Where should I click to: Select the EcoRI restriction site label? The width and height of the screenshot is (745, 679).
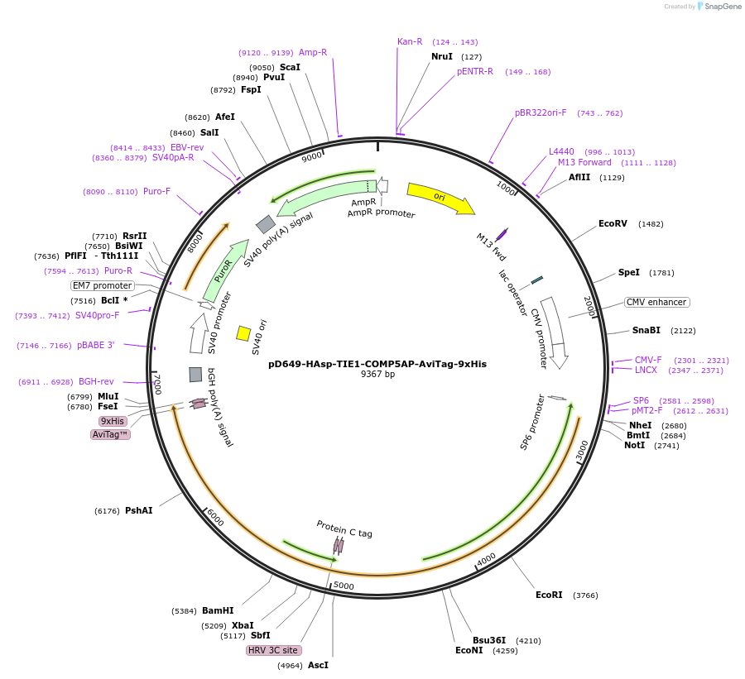pyautogui.click(x=549, y=595)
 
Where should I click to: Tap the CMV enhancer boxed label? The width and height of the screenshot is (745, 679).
pyautogui.click(x=656, y=302)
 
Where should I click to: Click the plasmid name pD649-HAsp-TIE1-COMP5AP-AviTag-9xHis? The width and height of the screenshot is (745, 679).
pyautogui.click(x=377, y=364)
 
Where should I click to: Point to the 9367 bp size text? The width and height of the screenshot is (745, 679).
pyautogui.click(x=377, y=375)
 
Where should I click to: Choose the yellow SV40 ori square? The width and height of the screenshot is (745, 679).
pyautogui.click(x=243, y=333)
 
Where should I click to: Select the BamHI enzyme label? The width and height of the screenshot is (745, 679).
pyautogui.click(x=218, y=611)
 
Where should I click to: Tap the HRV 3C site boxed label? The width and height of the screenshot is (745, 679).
pyautogui.click(x=272, y=650)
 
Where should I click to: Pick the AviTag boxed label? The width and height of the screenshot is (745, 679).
pyautogui.click(x=110, y=434)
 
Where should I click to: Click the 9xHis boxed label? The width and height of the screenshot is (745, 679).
pyautogui.click(x=113, y=421)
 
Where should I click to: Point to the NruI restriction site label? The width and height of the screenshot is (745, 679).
pyautogui.click(x=442, y=56)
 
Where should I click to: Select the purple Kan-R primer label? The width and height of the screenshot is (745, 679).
pyautogui.click(x=410, y=41)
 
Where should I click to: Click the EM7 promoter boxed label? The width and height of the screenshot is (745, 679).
pyautogui.click(x=103, y=285)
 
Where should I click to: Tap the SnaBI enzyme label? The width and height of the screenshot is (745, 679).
pyautogui.click(x=646, y=330)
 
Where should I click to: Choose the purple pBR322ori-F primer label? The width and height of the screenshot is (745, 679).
pyautogui.click(x=541, y=112)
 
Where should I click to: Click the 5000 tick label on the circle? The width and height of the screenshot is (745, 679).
pyautogui.click(x=343, y=586)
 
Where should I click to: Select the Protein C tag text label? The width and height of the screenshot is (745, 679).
pyautogui.click(x=344, y=528)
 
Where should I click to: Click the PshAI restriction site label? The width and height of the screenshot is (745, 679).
pyautogui.click(x=139, y=510)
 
